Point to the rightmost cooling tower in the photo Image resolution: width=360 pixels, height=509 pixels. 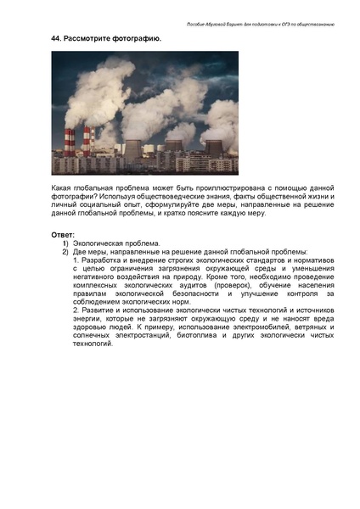click(213, 148)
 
